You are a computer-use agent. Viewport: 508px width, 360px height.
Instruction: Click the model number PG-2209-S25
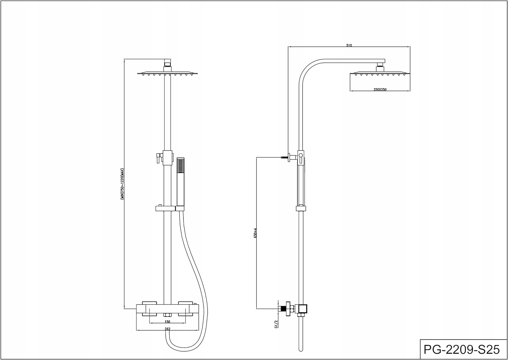click(462, 349)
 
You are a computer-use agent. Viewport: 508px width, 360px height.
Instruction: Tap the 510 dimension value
click(349, 45)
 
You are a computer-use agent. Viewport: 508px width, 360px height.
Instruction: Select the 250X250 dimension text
click(380, 89)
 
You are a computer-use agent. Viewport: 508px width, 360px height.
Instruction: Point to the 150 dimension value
click(167, 322)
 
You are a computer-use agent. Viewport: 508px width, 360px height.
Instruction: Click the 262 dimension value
click(167, 329)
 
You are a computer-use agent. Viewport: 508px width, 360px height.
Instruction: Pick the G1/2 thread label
click(276, 324)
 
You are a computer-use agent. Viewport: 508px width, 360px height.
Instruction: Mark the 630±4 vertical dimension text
click(255, 233)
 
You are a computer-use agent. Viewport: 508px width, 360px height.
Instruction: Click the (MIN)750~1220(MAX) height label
click(122, 184)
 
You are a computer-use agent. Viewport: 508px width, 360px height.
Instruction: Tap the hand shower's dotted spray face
click(181, 165)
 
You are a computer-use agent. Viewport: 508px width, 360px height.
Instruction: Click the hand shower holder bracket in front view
click(165, 208)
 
